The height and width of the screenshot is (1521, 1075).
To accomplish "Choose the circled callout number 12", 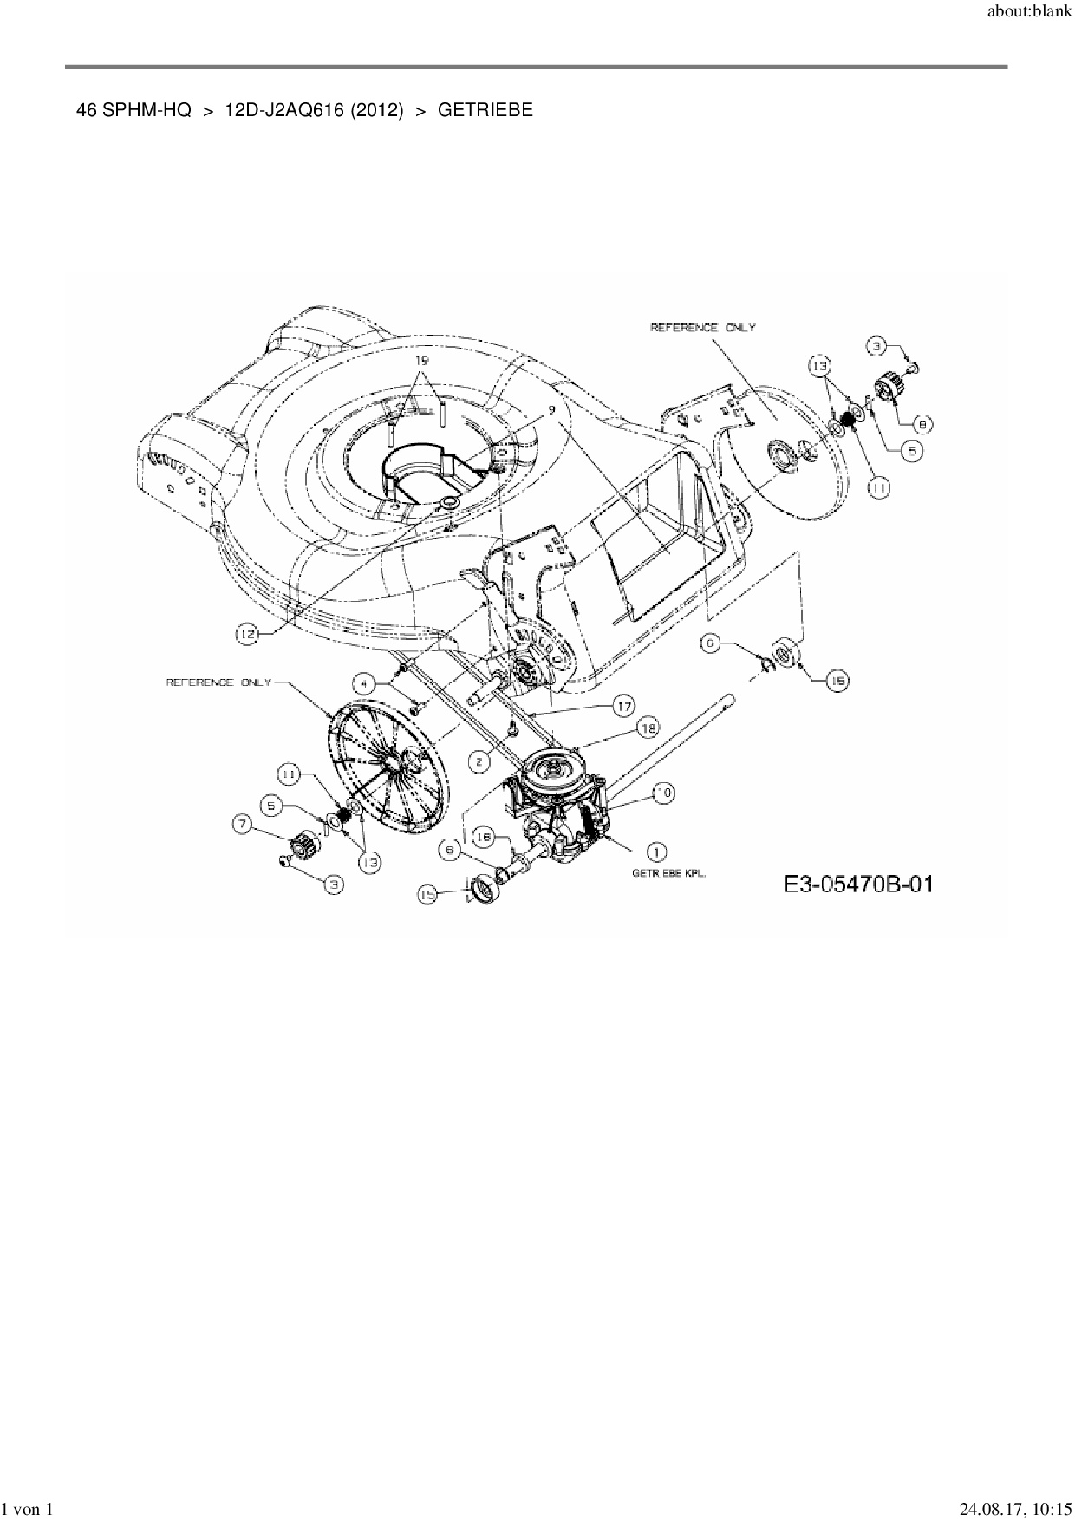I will pyautogui.click(x=249, y=635).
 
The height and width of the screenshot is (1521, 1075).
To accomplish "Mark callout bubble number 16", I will pyautogui.click(x=484, y=837).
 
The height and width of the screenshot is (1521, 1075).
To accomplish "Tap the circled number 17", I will pyautogui.click(x=623, y=706).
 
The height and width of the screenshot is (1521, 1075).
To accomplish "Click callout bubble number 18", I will pyautogui.click(x=648, y=728).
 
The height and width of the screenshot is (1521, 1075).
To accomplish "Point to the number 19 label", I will pyautogui.click(x=421, y=359).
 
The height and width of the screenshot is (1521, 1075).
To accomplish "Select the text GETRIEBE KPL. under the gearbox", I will pyautogui.click(x=669, y=874).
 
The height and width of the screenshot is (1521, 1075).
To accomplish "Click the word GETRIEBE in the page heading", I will pyautogui.click(x=485, y=110).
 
